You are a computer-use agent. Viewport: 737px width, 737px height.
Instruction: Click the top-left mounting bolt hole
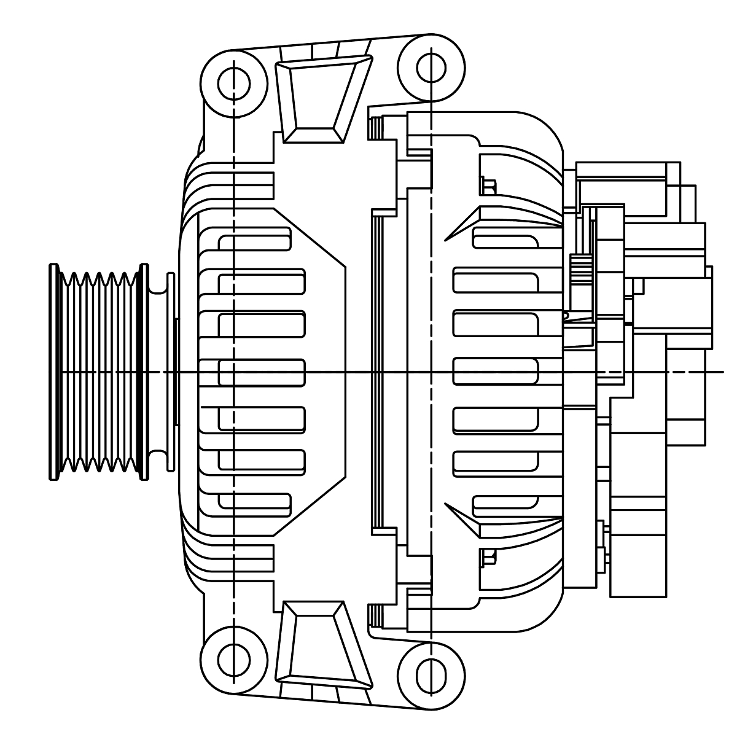(234, 84)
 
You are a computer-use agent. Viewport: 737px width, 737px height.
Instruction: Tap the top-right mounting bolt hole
(431, 67)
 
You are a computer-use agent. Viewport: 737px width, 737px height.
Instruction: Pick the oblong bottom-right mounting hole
(431, 676)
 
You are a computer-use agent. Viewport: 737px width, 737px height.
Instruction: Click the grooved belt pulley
(98, 372)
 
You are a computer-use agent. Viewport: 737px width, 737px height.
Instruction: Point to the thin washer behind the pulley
(171, 372)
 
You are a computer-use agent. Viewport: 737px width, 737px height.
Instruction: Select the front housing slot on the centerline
(261, 372)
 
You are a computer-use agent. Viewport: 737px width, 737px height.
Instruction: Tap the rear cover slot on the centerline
(495, 372)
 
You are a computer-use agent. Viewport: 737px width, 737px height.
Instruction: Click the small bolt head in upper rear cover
(489, 185)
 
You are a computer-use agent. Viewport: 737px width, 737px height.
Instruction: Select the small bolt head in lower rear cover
(489, 558)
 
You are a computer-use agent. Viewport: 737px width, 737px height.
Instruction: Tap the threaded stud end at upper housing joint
(375, 128)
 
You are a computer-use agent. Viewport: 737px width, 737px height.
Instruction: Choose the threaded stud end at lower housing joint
(375, 615)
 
